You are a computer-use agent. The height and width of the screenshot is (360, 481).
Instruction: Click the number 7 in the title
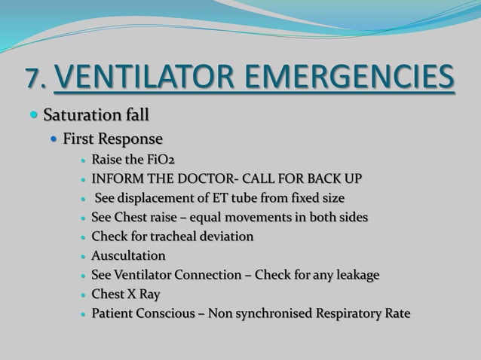coord(32,77)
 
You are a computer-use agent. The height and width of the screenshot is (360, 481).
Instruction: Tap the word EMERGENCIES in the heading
coord(349,76)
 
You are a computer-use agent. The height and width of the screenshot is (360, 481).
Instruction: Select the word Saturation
coord(78,115)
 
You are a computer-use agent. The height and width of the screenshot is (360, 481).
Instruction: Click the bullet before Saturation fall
coord(34,115)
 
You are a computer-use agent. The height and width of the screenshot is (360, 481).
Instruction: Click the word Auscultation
coord(128,256)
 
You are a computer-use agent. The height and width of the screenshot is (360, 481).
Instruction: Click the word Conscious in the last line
coord(164,313)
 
